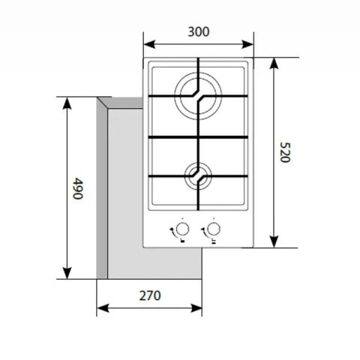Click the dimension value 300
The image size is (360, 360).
click(x=198, y=31)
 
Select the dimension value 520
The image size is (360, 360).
click(x=284, y=152)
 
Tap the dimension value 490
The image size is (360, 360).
click(x=76, y=187)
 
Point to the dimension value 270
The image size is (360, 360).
click(x=150, y=295)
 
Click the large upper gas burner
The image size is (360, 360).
click(x=198, y=96)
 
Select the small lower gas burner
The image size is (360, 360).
click(x=198, y=176)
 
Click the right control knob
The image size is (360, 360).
click(x=214, y=229)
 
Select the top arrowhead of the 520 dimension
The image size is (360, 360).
click(x=274, y=62)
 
